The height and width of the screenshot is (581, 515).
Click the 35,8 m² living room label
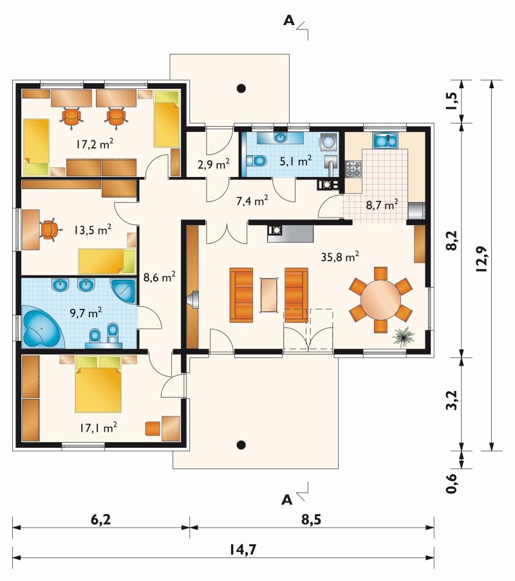coord(340,257)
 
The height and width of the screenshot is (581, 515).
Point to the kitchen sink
coord(385,140)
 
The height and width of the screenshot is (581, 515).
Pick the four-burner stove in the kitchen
coord(353,169)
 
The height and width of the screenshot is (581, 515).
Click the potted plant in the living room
coord(403,337)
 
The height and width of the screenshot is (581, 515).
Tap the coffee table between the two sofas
coord(269,295)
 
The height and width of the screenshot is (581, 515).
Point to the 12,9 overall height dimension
coord(482,259)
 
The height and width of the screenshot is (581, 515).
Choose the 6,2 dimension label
coord(100,519)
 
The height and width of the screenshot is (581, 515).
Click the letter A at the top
coord(288,21)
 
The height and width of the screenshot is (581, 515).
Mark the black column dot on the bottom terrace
coord(241,445)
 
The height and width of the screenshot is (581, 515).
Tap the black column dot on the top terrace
coord(241,88)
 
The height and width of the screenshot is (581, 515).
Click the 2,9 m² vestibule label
coord(214,164)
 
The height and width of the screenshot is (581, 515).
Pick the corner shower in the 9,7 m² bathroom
coord(124,291)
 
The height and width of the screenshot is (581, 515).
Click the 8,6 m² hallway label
coord(160,277)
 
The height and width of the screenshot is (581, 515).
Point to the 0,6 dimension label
coord(452,483)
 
